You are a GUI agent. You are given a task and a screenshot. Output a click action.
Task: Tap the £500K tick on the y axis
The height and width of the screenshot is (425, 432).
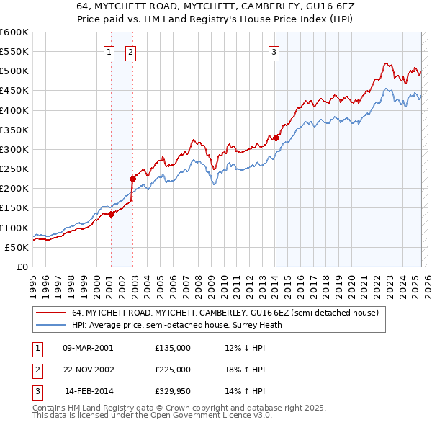click(14, 71)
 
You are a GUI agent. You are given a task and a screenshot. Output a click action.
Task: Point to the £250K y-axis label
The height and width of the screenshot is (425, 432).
click(14, 169)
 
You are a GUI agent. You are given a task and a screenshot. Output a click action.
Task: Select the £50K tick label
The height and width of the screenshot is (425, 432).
click(16, 247)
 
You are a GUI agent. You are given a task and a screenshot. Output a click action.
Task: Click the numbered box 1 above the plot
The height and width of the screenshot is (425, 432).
click(109, 51)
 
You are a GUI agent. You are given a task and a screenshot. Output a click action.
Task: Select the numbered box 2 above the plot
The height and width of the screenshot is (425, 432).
click(131, 51)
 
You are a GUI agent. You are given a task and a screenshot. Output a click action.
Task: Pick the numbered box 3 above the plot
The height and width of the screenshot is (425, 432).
click(275, 51)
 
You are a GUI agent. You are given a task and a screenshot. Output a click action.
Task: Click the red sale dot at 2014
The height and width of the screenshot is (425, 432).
click(276, 138)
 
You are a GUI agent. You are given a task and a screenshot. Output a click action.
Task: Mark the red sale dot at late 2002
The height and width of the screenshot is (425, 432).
click(132, 179)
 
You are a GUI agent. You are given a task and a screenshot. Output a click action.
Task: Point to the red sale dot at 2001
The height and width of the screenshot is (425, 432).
click(111, 214)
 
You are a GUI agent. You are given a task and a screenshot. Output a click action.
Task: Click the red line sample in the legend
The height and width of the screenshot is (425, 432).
click(51, 313)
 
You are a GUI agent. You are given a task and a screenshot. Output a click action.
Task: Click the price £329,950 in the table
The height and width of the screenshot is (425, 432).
click(173, 391)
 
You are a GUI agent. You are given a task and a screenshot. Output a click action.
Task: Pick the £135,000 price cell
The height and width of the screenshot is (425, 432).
click(173, 348)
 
